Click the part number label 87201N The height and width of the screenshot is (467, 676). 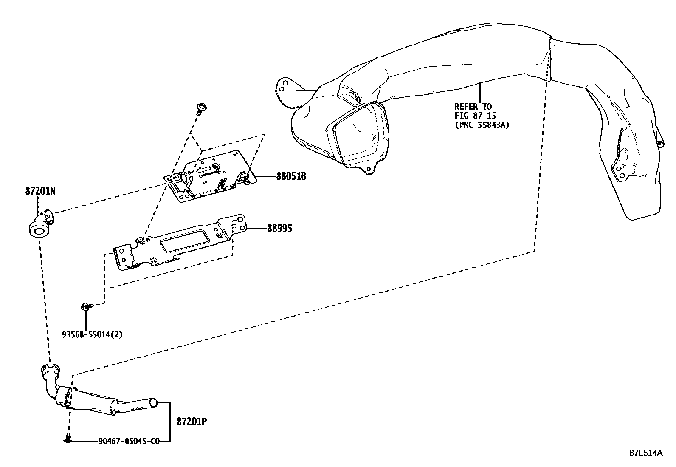[40, 191]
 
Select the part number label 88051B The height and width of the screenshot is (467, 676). [291, 176]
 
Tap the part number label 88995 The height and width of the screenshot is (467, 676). [279, 229]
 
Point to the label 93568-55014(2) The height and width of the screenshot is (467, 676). [92, 334]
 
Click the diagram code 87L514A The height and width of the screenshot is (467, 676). [645, 453]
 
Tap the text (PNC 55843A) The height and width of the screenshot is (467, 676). [482, 125]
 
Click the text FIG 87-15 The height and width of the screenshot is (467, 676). [475, 116]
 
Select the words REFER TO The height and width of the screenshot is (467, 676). [473, 107]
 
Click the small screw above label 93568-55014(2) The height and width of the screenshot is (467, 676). [85, 306]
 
